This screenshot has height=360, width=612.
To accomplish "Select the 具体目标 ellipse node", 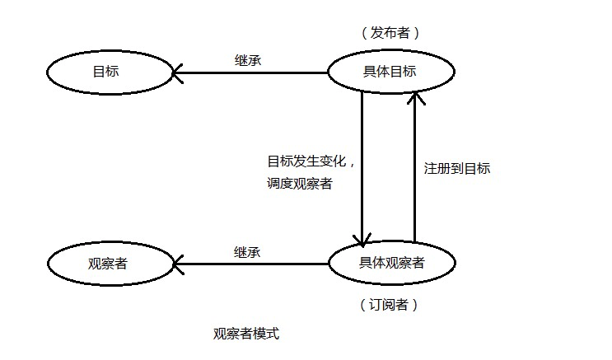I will tap(390, 72).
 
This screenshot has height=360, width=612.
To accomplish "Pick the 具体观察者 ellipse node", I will tap(391, 264).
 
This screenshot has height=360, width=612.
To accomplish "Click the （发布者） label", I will tap(390, 33).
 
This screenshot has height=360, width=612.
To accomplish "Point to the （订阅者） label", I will tap(390, 305).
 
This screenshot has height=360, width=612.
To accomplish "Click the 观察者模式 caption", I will tap(246, 334).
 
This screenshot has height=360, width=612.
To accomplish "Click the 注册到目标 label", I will tap(457, 168).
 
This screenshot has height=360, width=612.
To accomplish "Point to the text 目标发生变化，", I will tap(310, 161).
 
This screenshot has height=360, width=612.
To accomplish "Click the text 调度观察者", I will tap(299, 184).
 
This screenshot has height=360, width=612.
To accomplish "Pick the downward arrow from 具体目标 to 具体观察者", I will tap(362, 165).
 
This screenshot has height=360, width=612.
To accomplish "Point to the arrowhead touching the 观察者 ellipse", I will tap(178, 264).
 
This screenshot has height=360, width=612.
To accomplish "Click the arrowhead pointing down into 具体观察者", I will tap(362, 239).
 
